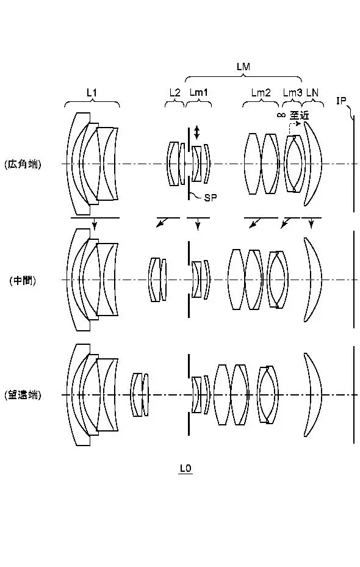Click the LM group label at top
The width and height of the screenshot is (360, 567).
click(243, 67)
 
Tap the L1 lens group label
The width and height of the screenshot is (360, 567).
click(92, 93)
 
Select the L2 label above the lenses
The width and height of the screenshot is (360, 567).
click(175, 93)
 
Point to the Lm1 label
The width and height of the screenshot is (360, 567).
click(199, 93)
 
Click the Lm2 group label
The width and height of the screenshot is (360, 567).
click(261, 93)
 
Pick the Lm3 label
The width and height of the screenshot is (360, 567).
click(292, 93)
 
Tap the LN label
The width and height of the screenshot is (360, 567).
click(312, 93)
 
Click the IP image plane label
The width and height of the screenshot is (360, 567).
click(341, 101)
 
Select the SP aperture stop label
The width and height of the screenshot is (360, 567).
click(211, 197)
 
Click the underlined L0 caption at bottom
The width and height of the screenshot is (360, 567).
click(185, 469)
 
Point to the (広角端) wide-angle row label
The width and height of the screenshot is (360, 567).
click(23, 165)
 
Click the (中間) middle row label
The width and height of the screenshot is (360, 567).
click(23, 280)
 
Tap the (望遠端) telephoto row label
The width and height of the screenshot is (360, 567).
click(23, 395)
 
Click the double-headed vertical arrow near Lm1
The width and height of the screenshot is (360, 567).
click(196, 132)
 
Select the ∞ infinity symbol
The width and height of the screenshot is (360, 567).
click(281, 115)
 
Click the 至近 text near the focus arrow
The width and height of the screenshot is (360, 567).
click(299, 115)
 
